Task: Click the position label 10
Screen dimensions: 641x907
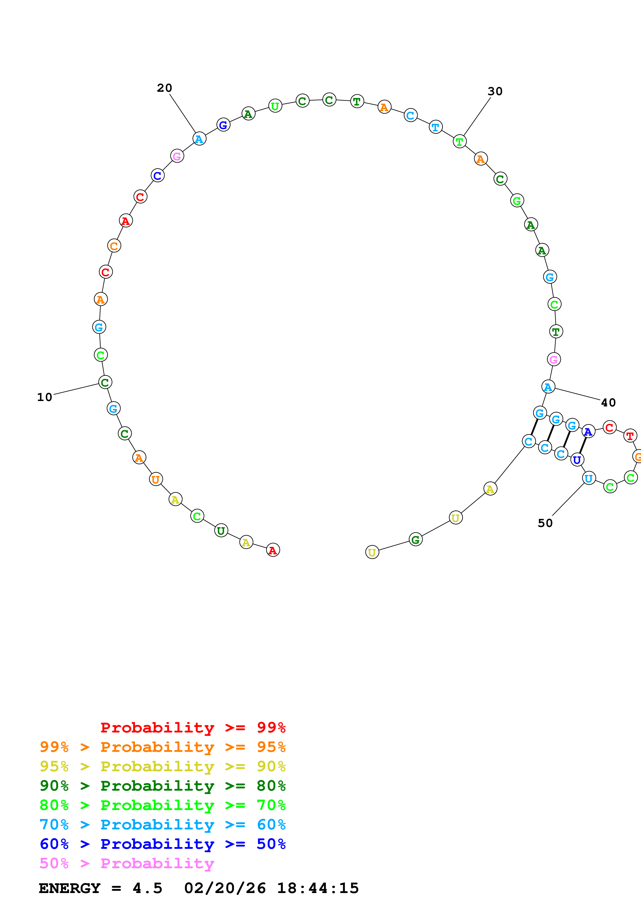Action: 45,397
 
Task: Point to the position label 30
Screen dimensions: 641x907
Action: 495,91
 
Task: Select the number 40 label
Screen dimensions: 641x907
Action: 608,403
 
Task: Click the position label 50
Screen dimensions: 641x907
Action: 545,523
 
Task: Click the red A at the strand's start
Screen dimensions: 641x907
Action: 273,550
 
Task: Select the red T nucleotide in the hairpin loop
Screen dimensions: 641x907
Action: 630,436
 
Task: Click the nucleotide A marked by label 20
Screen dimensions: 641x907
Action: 199,139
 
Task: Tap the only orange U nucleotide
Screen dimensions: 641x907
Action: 156,479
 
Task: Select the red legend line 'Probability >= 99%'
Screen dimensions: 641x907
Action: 193,727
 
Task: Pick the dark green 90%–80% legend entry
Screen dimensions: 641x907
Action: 162,786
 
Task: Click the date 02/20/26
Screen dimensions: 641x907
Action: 225,888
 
